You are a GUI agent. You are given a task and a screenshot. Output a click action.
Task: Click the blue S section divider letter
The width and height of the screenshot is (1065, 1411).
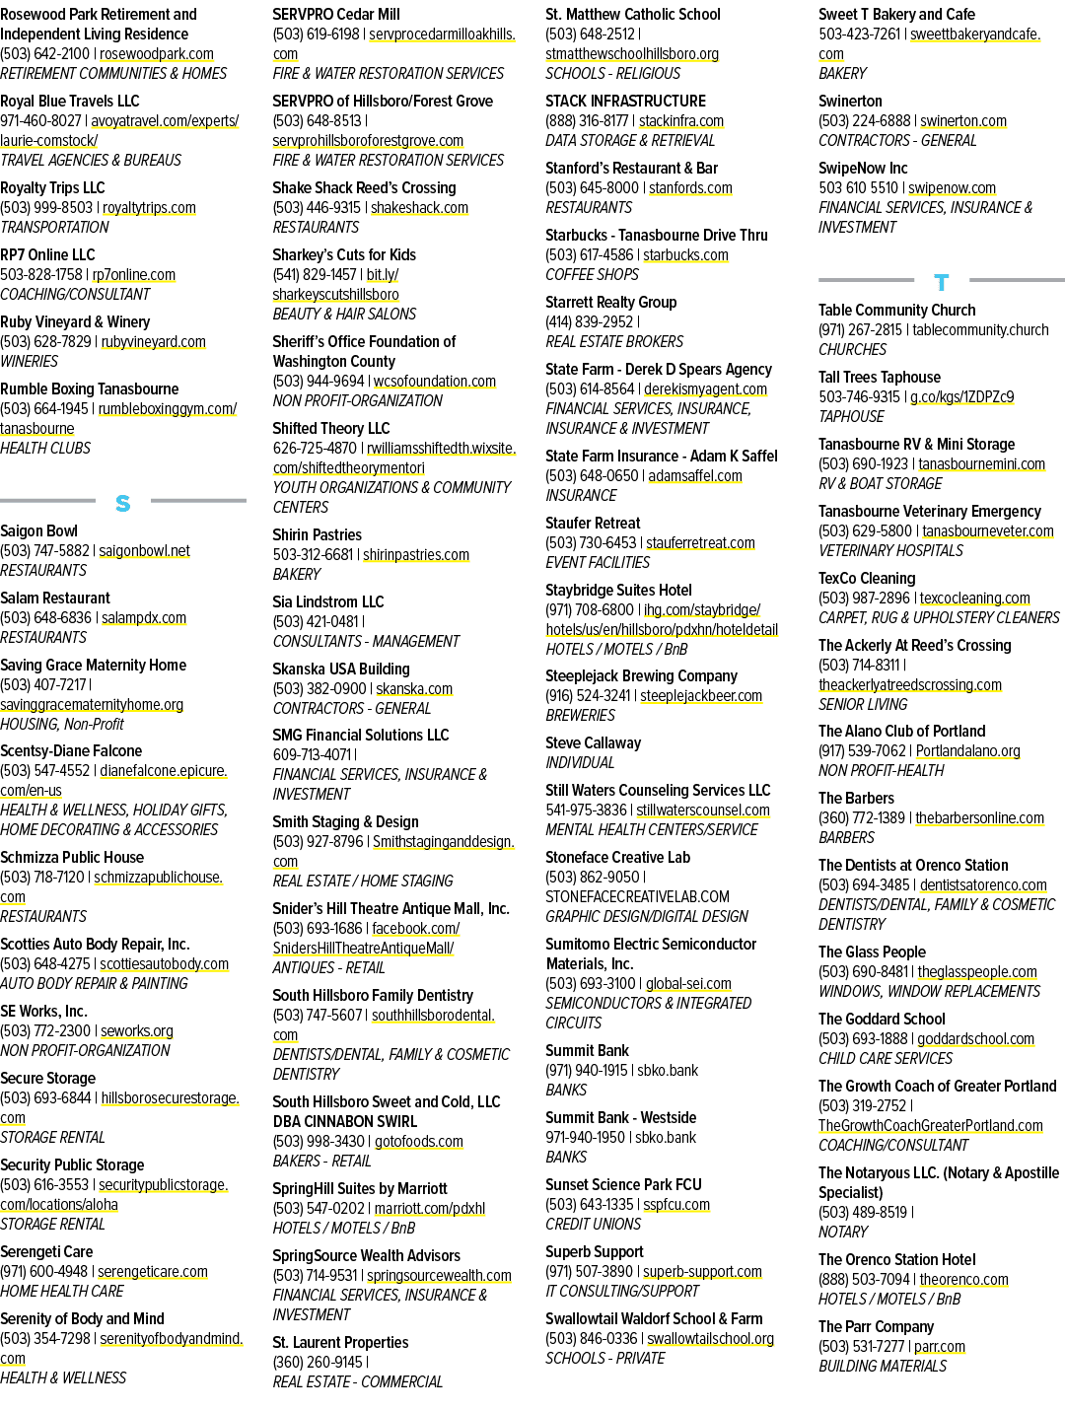click(122, 503)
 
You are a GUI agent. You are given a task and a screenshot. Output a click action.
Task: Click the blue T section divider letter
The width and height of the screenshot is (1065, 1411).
click(941, 282)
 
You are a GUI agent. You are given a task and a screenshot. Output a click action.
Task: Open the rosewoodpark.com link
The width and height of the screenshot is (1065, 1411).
click(156, 54)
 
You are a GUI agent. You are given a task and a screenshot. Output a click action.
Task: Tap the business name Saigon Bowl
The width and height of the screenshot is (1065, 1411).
click(38, 530)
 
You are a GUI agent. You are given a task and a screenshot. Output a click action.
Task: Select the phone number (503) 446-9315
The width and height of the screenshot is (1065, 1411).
click(317, 208)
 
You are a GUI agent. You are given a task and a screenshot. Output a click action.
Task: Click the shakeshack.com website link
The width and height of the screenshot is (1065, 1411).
click(419, 208)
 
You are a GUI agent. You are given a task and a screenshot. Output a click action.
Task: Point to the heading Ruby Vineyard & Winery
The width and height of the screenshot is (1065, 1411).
click(75, 322)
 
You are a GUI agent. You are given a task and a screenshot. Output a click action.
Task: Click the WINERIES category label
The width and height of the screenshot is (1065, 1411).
click(29, 361)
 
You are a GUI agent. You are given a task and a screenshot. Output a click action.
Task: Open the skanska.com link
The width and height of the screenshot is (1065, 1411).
click(414, 688)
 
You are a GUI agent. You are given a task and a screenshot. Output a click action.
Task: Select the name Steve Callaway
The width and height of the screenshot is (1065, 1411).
click(594, 743)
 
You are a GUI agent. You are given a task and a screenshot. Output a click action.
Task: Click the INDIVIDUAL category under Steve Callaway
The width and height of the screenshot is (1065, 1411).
click(580, 762)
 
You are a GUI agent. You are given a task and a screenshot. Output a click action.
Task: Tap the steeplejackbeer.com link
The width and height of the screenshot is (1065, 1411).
click(701, 695)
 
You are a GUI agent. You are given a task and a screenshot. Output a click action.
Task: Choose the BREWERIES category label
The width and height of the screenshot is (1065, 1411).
click(581, 715)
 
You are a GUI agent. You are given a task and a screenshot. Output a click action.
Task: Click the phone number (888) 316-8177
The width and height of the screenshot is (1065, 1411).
click(587, 121)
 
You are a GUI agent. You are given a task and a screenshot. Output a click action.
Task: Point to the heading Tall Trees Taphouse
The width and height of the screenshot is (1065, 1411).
click(880, 378)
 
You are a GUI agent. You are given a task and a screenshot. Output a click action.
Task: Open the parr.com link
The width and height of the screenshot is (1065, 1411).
click(940, 1346)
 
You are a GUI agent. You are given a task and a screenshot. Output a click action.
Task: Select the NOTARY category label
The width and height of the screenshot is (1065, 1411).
click(842, 1232)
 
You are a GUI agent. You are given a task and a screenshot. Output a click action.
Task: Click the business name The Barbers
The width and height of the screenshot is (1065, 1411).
click(856, 799)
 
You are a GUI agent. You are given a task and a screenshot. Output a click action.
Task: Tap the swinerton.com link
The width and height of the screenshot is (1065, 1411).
click(963, 121)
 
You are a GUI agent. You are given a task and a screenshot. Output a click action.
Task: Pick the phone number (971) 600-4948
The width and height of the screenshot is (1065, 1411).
click(43, 1272)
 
